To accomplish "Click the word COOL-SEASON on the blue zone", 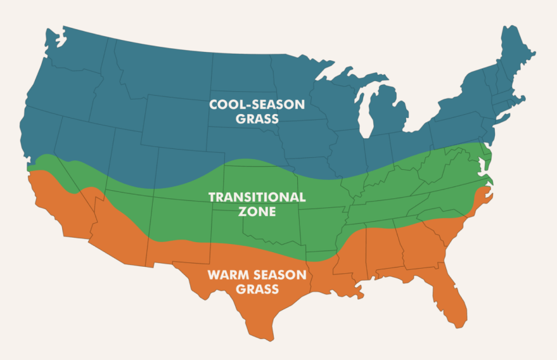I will (257, 105).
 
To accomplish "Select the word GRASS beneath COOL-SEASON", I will (257, 119).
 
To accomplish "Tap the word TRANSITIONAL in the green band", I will (257, 197).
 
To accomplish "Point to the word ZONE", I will (257, 212).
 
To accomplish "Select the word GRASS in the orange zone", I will (257, 290).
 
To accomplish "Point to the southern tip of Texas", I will (269, 337).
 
